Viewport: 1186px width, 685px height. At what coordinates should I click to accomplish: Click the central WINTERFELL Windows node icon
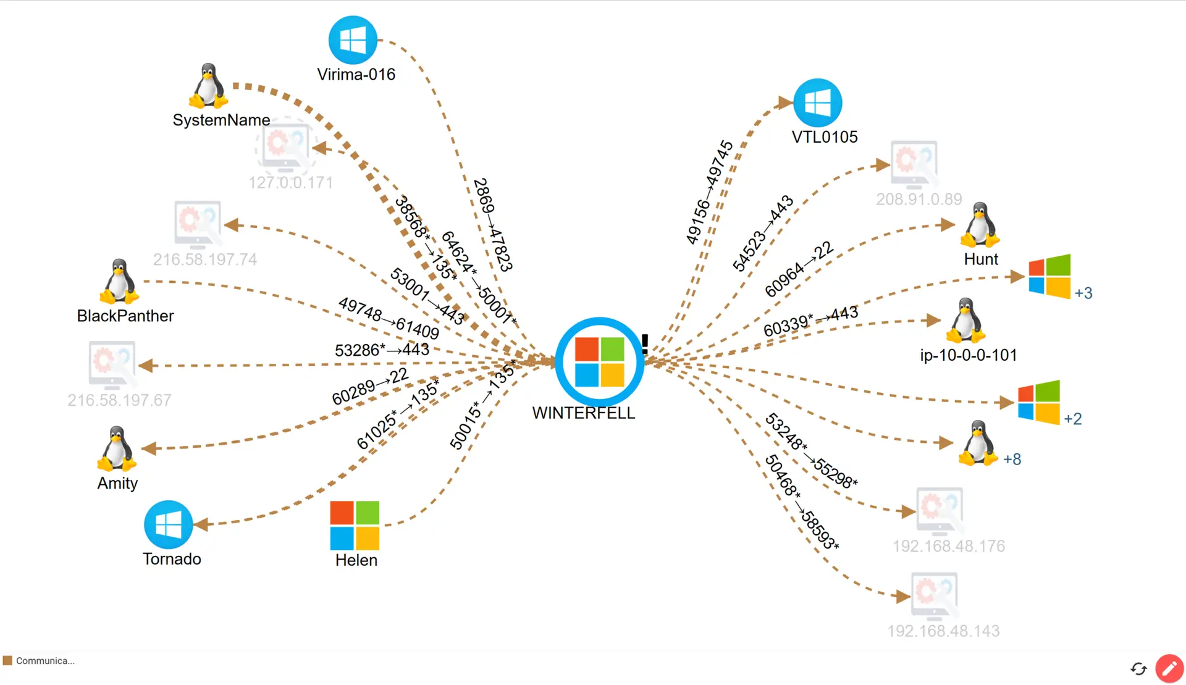599,362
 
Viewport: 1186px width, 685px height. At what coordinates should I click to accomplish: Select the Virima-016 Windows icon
353,40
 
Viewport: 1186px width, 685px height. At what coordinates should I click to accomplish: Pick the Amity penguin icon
116,449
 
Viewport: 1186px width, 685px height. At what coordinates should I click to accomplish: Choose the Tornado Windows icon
168,524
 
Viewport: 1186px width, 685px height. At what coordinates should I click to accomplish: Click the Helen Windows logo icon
355,525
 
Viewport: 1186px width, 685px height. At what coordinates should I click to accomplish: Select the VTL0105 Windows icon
817,103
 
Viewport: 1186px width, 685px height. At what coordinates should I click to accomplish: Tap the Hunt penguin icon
980,225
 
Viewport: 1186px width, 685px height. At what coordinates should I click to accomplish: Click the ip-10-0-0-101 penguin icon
965,321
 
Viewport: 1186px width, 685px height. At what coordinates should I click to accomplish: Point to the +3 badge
1083,293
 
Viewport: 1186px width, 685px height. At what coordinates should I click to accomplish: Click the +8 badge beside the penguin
1012,459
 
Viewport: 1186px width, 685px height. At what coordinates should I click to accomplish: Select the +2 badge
1073,419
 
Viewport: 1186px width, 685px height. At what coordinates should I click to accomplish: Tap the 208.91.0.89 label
919,199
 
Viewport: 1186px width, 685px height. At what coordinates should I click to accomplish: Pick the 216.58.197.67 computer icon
112,365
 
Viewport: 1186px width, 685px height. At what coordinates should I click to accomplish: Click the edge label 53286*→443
382,350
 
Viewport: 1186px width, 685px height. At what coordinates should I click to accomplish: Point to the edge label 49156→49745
709,192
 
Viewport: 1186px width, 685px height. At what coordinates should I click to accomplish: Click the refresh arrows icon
1138,668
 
